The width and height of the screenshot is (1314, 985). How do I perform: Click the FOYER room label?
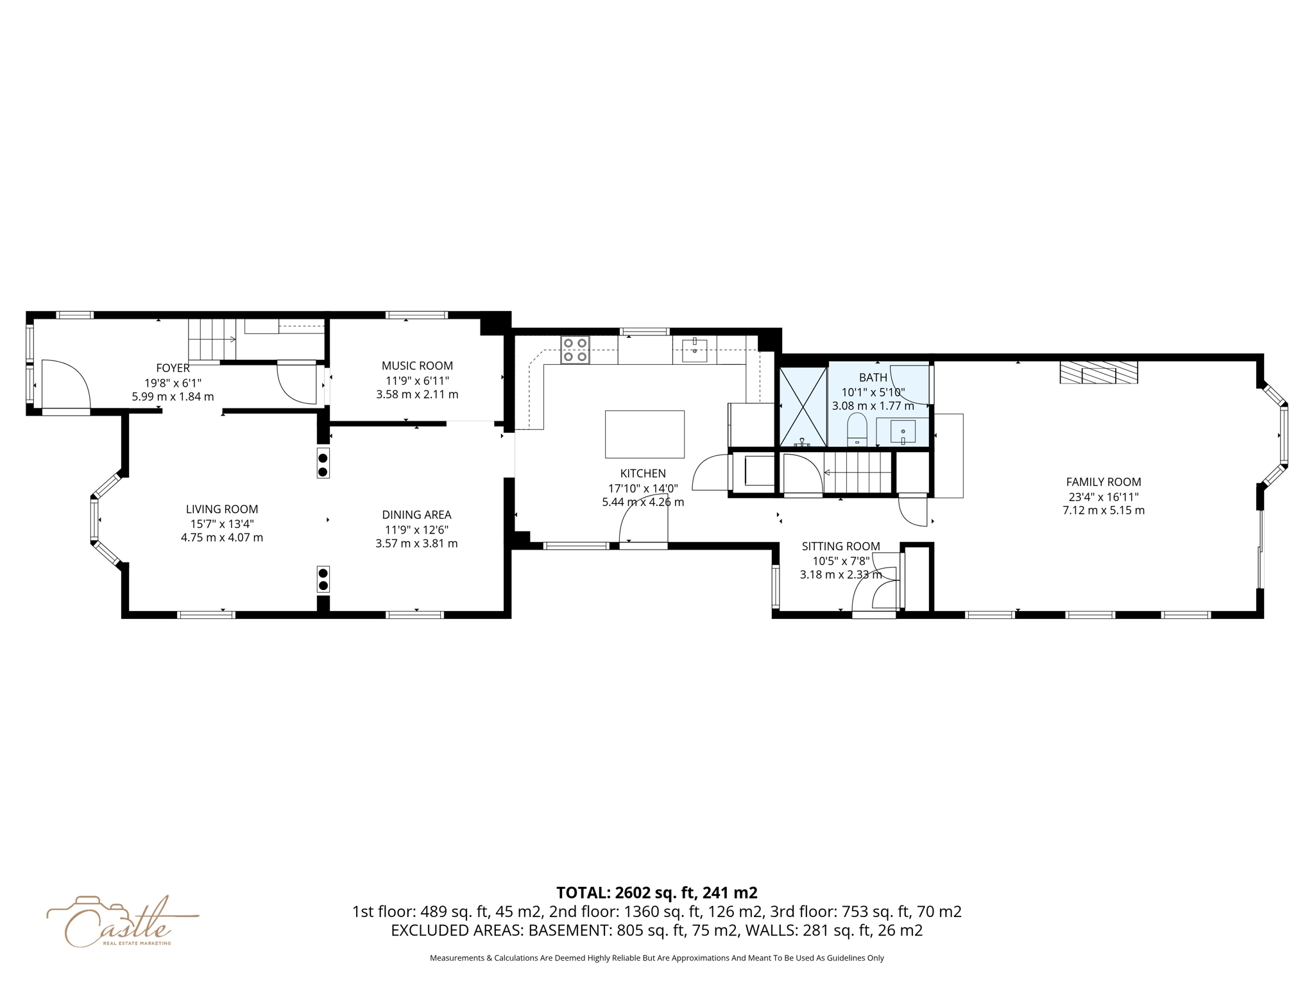(x=173, y=368)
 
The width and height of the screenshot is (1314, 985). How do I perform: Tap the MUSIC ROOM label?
(x=417, y=366)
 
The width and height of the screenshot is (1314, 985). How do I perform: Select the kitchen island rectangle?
(x=644, y=434)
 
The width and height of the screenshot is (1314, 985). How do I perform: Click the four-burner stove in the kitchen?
(x=575, y=350)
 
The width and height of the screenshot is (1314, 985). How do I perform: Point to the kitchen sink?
(x=694, y=350)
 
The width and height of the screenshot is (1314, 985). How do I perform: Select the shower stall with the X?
(x=803, y=407)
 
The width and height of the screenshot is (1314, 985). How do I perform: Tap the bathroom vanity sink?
(x=903, y=432)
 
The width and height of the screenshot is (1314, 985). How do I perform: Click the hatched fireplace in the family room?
(x=1098, y=373)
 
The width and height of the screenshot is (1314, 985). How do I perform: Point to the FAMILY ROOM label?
(x=1104, y=482)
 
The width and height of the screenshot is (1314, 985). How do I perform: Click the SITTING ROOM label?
(x=840, y=546)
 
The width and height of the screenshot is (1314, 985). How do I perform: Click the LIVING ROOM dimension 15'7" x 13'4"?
(x=222, y=523)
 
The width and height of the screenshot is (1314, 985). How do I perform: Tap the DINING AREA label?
(x=416, y=514)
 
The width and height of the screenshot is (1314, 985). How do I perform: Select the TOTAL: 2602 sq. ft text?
(x=656, y=893)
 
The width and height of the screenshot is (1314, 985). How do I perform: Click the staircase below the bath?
(x=858, y=473)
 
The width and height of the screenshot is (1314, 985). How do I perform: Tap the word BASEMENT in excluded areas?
(x=569, y=930)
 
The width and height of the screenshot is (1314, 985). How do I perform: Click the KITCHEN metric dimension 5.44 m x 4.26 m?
(x=643, y=502)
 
